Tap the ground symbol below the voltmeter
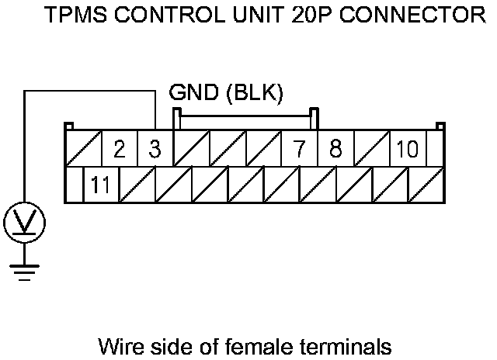coord(25,272)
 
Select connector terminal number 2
coord(119,148)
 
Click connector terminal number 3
coord(155,148)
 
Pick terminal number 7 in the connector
coord(299,148)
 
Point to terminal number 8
coord(335,148)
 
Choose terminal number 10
coord(406,148)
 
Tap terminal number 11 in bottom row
coord(100,185)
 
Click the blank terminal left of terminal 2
coord(82,148)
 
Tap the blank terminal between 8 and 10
coord(370,148)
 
